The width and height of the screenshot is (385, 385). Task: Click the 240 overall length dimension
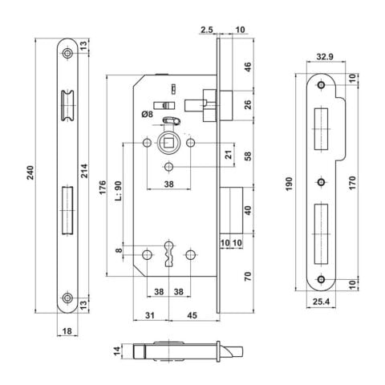(30, 172)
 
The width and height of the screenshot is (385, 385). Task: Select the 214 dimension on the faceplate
(84, 171)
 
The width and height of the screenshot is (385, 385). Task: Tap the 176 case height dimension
(103, 188)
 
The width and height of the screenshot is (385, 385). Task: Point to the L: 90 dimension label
(119, 191)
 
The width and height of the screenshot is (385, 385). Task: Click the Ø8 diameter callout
(148, 115)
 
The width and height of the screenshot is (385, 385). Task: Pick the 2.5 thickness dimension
(207, 30)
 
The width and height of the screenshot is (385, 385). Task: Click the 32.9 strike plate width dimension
(325, 57)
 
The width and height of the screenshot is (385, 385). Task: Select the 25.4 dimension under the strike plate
(321, 302)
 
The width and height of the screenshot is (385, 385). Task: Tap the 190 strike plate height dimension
(290, 184)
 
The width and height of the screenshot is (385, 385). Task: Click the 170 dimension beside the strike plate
(352, 183)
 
